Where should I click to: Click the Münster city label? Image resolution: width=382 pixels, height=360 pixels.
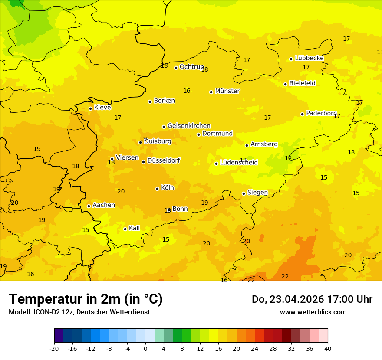tap(227, 91)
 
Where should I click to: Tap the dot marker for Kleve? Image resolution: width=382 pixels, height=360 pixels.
tap(90, 108)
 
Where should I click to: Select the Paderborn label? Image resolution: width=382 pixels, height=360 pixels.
tap(321, 113)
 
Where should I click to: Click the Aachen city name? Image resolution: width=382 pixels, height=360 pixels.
tap(104, 205)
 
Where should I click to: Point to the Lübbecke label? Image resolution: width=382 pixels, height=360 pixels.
tap(309, 58)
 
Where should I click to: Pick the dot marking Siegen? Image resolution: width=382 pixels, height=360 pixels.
tap(244, 193)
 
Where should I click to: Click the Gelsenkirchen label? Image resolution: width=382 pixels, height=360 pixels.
tap(189, 126)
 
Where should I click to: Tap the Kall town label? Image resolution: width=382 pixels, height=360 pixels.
tap(134, 228)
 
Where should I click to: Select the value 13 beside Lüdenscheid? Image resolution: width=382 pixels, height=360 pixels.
tap(243, 160)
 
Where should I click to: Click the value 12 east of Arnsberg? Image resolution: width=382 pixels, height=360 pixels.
tap(288, 158)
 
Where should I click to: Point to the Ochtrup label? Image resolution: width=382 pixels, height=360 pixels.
tap(191, 67)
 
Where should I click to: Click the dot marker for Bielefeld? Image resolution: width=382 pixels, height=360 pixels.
tap(285, 84)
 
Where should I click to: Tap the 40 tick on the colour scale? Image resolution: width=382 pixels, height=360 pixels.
tap(327, 348)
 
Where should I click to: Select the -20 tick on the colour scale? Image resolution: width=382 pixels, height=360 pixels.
tap(54, 348)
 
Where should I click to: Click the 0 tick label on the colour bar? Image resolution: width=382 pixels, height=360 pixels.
tap(145, 348)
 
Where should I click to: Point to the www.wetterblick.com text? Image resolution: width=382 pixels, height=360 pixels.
tap(313, 312)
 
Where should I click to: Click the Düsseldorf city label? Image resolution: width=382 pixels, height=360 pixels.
tap(163, 160)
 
